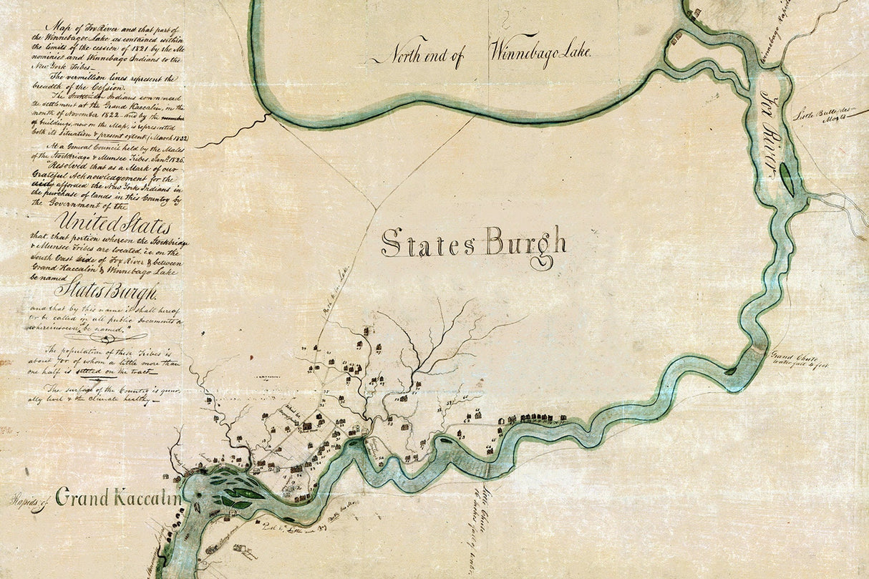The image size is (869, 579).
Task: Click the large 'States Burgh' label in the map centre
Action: coord(473,244)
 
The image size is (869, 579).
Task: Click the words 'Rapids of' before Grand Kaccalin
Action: coord(30,500)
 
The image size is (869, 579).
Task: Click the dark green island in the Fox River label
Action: coord(787,178)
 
